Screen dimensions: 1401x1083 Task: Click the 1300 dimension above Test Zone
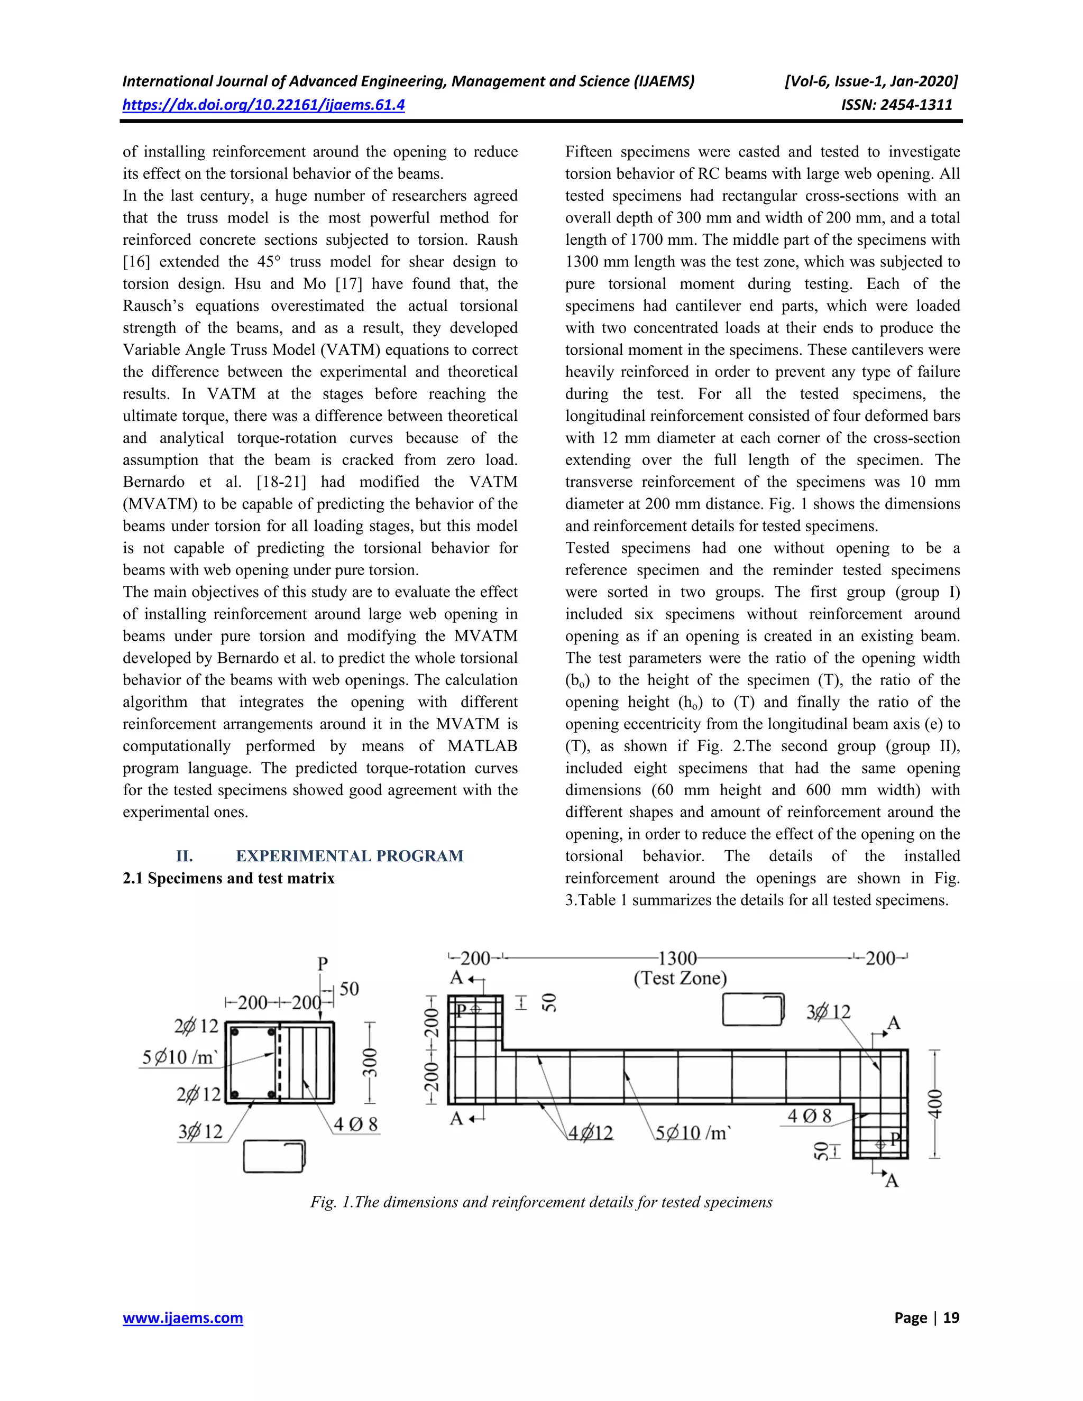(x=677, y=958)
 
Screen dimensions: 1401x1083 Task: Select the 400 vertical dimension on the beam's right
(x=936, y=1103)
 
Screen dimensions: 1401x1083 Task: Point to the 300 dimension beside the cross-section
(x=370, y=1062)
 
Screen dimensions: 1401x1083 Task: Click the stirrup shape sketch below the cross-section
(x=274, y=1156)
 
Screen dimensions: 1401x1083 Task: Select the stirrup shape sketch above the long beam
(x=753, y=1010)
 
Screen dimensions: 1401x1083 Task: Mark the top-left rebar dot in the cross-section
(x=235, y=1034)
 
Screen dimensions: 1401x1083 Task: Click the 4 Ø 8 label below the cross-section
(x=355, y=1124)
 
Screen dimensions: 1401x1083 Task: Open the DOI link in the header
(x=263, y=105)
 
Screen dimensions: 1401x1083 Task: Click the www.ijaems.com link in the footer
(x=183, y=1318)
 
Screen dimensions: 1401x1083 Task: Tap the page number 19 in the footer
(x=951, y=1318)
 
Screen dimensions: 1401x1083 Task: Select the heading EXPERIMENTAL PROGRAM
(x=349, y=856)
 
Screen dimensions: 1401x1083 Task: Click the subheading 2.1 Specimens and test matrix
(x=228, y=878)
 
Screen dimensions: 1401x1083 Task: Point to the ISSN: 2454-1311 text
(x=896, y=105)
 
